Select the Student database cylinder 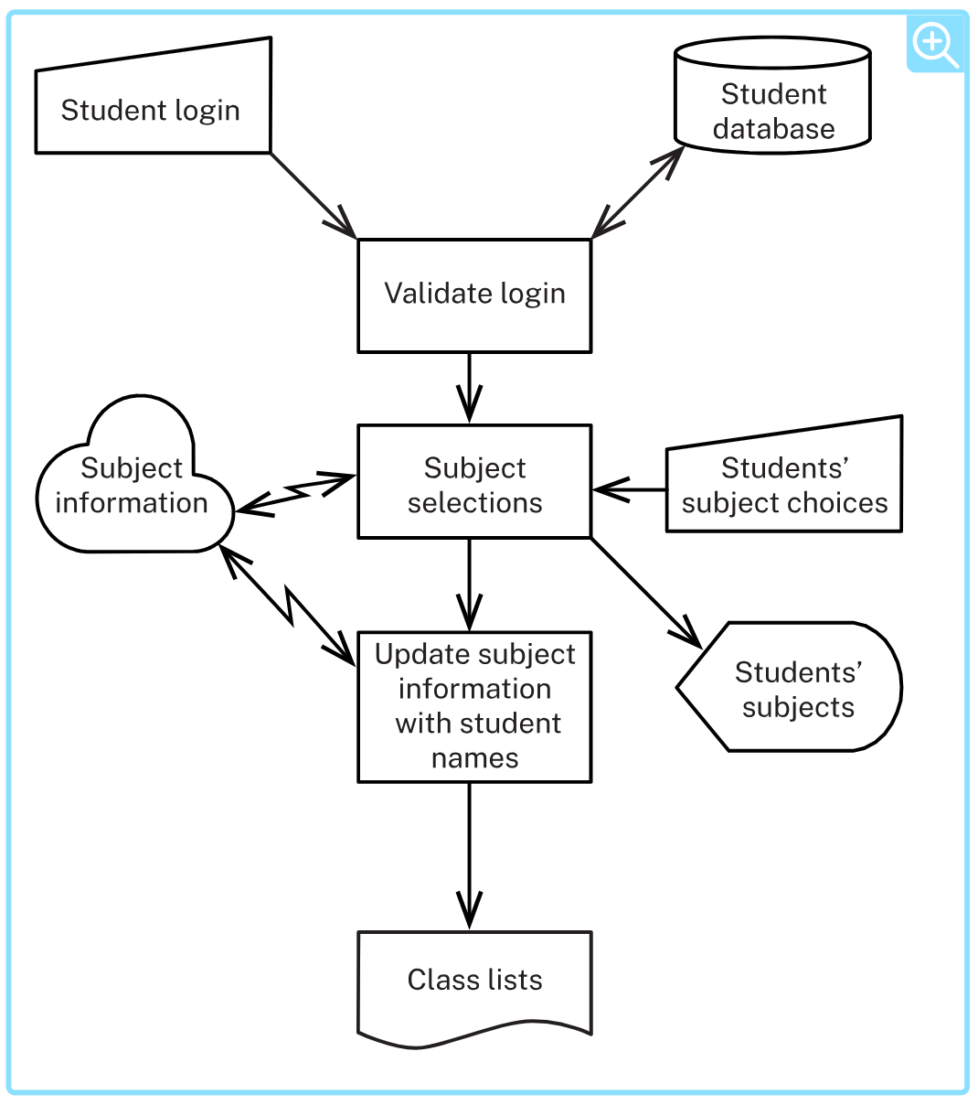772,95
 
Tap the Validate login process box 474,295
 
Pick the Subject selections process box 474,481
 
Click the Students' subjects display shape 789,686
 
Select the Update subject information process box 474,707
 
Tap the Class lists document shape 474,988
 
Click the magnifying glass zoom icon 935,44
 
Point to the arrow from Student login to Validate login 314,196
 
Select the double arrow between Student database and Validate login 638,192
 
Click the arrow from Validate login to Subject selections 469,389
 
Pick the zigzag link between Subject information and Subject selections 295,493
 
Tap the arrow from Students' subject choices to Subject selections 629,489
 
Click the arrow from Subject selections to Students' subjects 646,594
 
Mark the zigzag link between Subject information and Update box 287,606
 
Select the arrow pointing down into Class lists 469,857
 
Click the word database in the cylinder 773,129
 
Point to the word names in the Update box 474,758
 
